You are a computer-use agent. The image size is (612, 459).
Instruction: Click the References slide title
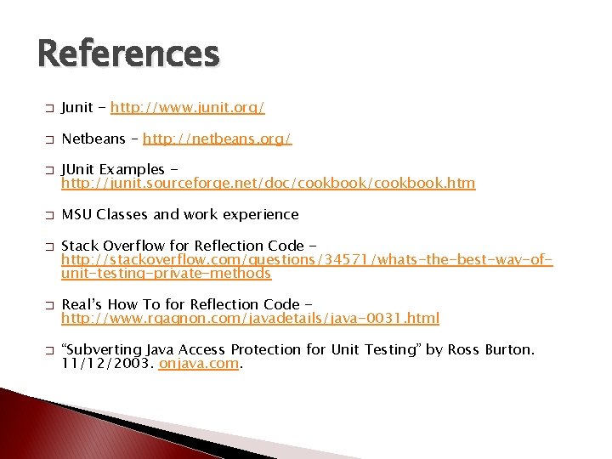coord(128,54)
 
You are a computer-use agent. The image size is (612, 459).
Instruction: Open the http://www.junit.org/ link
coord(188,107)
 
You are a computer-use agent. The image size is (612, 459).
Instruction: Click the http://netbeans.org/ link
coord(218,138)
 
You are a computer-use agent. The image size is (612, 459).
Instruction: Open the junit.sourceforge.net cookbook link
coord(269,183)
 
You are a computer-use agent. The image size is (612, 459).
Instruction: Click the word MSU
coord(77,214)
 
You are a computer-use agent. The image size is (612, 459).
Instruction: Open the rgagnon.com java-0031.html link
coord(251,318)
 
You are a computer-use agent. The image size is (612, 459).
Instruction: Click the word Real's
coord(83,304)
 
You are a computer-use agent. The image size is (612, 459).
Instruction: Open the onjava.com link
coord(199,363)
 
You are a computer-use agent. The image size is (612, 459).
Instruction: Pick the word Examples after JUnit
coord(133,169)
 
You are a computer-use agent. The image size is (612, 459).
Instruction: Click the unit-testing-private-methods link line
coord(167,273)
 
